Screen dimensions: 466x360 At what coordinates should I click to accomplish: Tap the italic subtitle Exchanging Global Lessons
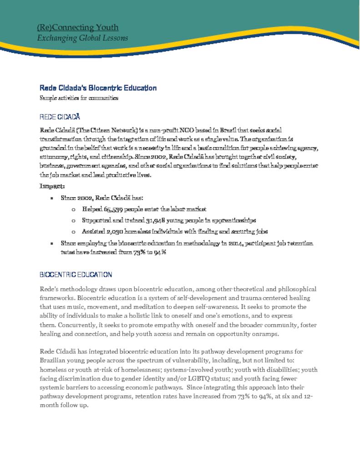[82, 38]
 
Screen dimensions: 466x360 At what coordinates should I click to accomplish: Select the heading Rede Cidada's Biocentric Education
[98, 88]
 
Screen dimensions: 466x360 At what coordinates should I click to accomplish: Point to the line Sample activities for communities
[79, 98]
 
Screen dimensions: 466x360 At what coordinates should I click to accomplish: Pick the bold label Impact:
[52, 186]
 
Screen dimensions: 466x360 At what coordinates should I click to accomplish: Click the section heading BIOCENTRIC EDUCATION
[76, 275]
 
